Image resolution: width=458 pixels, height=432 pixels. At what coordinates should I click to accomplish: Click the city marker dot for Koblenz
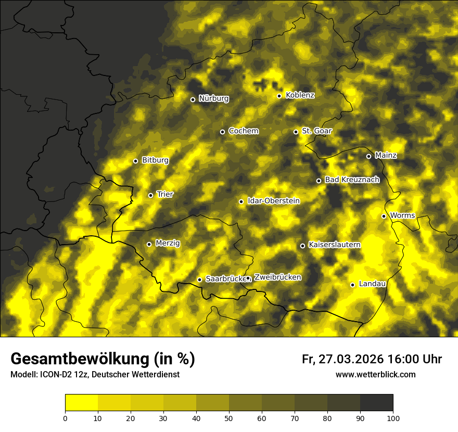[279, 96]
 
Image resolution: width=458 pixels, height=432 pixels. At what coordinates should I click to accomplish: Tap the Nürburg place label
[213, 98]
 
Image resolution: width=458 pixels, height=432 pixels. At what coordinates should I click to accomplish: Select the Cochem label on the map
[243, 131]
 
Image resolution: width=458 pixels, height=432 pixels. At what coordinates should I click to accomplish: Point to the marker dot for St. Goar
[296, 132]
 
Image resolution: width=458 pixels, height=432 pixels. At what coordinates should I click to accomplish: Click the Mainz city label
[386, 156]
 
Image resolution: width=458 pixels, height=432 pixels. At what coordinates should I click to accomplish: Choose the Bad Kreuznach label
[352, 180]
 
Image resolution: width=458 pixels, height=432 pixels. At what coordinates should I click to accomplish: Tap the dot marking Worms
[384, 216]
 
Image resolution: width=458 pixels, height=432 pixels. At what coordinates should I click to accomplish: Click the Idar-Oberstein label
[274, 201]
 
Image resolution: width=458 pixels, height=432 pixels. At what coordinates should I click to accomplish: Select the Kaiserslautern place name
[334, 245]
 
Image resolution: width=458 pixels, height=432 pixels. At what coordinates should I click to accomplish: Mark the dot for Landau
[352, 285]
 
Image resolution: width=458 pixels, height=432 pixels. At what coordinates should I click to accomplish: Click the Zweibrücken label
[277, 277]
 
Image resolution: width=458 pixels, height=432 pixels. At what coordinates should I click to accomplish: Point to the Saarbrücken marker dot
[199, 280]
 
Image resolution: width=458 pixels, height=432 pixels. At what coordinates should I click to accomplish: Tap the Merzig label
[168, 243]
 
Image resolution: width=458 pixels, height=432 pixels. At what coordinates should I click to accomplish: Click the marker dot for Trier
[151, 196]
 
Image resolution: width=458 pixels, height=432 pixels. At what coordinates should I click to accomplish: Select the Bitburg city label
[155, 160]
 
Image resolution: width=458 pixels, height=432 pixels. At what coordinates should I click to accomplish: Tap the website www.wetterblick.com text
[375, 375]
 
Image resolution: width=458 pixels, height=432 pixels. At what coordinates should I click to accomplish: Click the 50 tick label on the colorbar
[229, 418]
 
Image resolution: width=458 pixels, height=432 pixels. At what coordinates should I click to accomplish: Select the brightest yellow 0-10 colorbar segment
[81, 403]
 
